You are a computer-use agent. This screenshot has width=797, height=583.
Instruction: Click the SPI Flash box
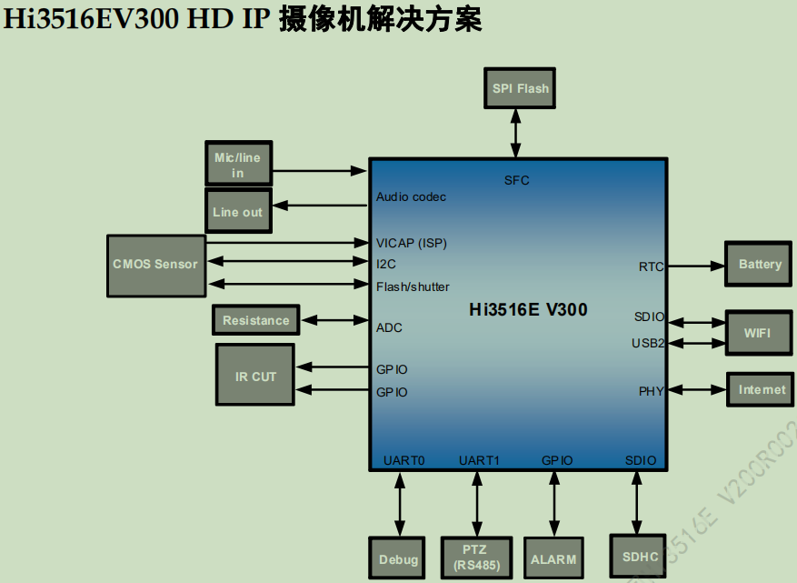tap(520, 89)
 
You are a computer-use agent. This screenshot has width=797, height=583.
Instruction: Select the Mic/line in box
tap(238, 165)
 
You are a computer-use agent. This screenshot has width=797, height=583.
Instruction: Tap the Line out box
tap(237, 212)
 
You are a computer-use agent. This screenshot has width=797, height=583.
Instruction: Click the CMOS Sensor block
tap(155, 265)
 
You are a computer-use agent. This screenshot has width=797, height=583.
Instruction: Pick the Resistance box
tap(256, 320)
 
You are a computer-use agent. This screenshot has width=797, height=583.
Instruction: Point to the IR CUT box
tap(255, 375)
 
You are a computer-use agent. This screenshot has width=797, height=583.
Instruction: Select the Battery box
tap(760, 265)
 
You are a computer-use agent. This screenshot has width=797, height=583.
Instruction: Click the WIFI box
tap(758, 333)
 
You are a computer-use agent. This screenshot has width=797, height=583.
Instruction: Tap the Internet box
tap(761, 389)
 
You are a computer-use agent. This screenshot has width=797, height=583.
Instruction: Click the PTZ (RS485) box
tap(474, 558)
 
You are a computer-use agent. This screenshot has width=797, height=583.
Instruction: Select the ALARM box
tap(553, 558)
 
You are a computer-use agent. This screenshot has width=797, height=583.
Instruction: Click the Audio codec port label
tap(411, 196)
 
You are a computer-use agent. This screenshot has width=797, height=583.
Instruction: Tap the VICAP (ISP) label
tap(412, 243)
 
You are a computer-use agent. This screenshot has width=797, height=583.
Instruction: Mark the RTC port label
tap(651, 266)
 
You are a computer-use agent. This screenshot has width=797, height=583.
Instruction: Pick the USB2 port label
tap(648, 343)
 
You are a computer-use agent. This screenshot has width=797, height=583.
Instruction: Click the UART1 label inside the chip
tap(479, 460)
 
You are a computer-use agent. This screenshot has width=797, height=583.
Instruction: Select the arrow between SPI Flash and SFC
tap(517, 134)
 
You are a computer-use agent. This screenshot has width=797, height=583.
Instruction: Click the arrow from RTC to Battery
tap(694, 266)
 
